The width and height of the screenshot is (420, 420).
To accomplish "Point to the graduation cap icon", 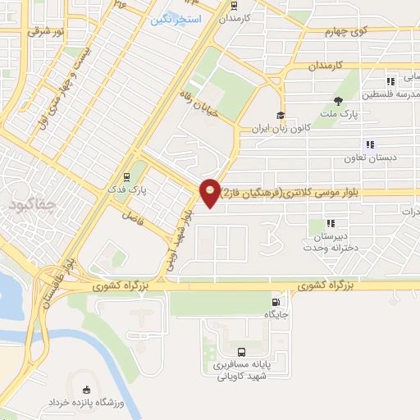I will (x=281, y=115).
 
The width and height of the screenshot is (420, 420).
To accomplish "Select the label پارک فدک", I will (x=126, y=188).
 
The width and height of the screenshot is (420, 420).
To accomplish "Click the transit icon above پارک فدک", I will (x=126, y=176).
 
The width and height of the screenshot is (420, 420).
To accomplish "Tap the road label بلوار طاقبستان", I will (x=54, y=284).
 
